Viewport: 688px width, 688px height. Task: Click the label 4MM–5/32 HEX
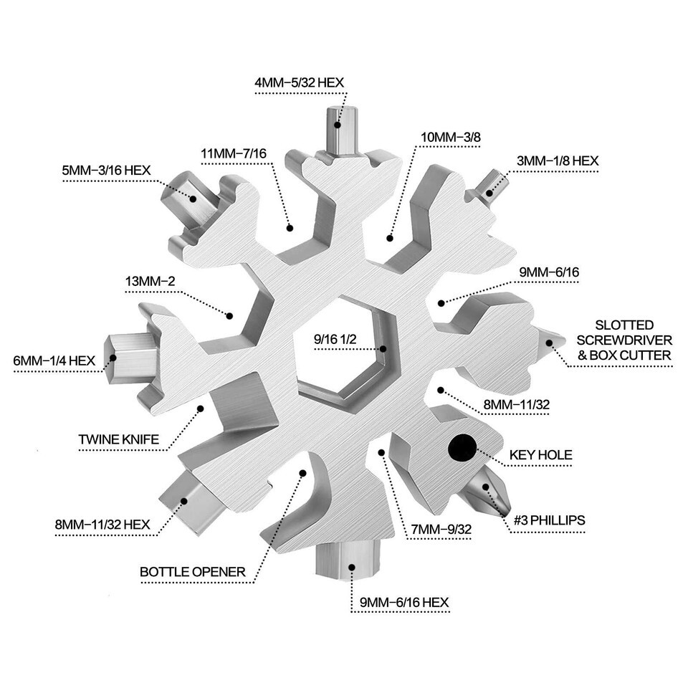300,82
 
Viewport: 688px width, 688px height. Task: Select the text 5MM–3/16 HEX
106,170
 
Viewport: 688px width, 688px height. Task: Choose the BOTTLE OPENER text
193,572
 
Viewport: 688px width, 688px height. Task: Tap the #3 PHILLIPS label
549,519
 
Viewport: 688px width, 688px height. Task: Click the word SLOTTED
628,325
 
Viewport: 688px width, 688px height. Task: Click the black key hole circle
462,447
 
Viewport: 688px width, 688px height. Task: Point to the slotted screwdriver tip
550,341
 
